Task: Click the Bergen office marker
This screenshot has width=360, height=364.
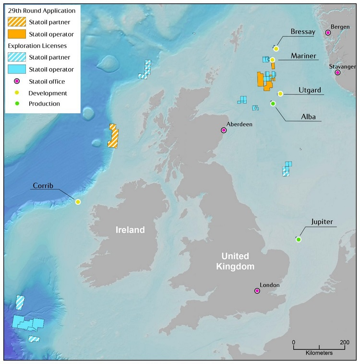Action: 328,33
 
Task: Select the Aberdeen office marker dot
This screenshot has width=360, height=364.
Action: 224,130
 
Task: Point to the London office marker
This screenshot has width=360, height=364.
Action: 257,291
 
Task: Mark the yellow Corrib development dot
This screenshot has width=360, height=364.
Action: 78,202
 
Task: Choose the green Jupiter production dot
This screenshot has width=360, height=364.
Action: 299,239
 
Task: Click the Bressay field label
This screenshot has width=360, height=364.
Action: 303,32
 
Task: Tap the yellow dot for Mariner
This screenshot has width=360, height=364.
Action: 272,60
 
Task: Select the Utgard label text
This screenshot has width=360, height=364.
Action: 309,90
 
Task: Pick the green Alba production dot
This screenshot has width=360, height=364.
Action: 273,104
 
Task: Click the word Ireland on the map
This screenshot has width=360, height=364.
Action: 130,230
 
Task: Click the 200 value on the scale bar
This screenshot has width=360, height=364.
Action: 344,342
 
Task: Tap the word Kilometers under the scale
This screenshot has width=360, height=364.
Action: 319,353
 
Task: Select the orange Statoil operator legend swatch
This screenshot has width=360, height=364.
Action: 16,34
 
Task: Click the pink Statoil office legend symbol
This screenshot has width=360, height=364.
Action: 16,82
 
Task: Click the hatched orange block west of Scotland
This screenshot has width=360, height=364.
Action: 113,136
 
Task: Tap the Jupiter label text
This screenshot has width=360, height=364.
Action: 322,222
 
